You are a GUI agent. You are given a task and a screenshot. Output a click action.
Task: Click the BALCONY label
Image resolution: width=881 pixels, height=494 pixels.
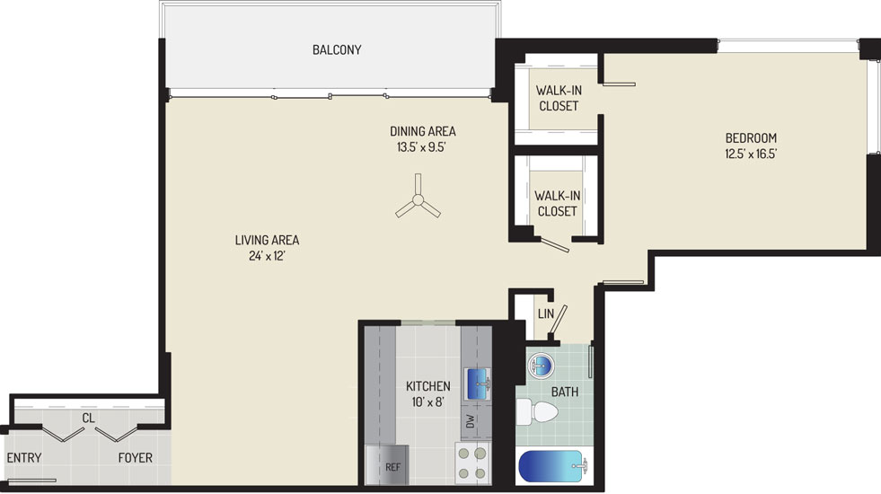(337, 49)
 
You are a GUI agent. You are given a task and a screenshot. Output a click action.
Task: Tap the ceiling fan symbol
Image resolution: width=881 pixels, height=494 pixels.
(418, 199)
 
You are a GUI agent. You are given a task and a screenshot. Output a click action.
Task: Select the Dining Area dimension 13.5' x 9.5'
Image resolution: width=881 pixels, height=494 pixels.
(421, 147)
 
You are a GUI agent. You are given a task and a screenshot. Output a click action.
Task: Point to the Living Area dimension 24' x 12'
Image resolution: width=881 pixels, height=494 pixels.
(267, 256)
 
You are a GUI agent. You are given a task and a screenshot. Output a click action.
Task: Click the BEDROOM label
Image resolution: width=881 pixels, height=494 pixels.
(751, 137)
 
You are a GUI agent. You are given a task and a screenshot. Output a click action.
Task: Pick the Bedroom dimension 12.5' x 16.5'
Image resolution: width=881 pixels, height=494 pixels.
(751, 154)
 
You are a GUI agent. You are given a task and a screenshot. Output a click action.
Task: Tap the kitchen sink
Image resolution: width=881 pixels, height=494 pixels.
(477, 384)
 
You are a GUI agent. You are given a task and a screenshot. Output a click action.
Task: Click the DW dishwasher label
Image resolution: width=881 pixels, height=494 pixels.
(471, 421)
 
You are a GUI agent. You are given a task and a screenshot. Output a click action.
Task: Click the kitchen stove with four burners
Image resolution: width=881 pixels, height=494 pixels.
(472, 463)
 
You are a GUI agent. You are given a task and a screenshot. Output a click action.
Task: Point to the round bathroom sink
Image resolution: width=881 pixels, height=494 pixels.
(541, 366)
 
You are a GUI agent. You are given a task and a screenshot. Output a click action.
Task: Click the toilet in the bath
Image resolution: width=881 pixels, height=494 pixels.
(536, 411)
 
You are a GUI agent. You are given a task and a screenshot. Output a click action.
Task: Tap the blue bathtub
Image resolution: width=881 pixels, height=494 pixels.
(553, 466)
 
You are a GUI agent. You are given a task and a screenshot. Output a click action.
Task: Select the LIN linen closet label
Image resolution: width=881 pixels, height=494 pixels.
(545, 313)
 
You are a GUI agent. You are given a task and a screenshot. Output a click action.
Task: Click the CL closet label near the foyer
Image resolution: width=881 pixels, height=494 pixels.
(88, 419)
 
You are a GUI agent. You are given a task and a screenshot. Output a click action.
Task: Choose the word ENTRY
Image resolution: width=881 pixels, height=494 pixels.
(24, 457)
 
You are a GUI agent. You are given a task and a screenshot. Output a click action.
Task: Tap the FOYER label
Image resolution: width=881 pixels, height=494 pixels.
(135, 457)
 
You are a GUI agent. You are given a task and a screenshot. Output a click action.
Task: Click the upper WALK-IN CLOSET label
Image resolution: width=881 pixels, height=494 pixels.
(559, 98)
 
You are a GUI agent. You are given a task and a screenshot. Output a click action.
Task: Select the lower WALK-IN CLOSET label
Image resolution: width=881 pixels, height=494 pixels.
(558, 204)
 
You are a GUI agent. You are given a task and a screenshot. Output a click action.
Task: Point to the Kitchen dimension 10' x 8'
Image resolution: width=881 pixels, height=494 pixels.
(428, 401)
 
